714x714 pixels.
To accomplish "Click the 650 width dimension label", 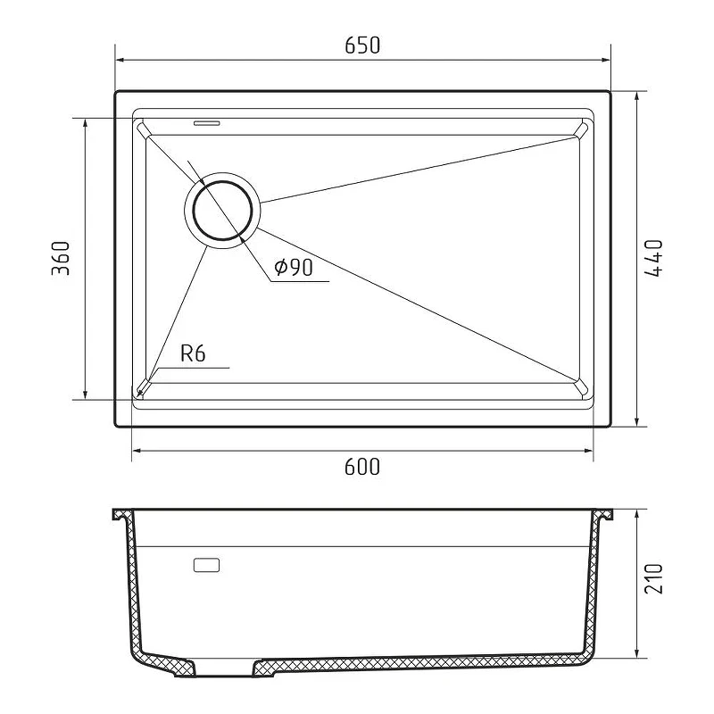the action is [x=362, y=46].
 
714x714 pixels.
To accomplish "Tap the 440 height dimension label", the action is [x=654, y=258].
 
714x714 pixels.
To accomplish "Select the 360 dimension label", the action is [x=61, y=258].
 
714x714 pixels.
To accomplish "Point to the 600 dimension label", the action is [x=362, y=467].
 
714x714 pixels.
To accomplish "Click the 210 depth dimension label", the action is [x=654, y=578].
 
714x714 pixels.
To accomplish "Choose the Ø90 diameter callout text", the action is [x=294, y=267].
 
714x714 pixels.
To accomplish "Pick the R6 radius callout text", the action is [x=193, y=353].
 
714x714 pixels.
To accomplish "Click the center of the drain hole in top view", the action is [x=222, y=211].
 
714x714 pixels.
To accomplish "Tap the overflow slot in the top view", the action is [x=207, y=123].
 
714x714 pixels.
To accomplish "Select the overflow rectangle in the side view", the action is [x=206, y=565].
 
